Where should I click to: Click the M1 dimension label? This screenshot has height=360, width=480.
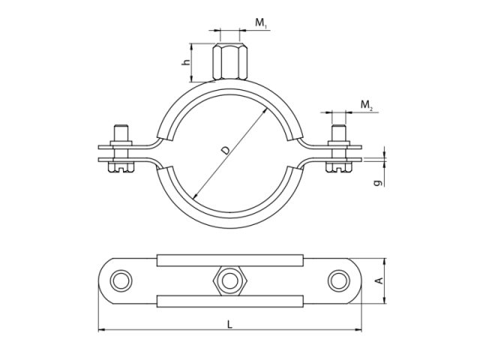coord(261,23)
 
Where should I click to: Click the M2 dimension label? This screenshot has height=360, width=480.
coord(367,105)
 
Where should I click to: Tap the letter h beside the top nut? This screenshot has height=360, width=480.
coord(185,61)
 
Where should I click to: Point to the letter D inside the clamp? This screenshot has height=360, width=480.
coord(226,150)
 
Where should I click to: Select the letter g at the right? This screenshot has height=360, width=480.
coord(378,183)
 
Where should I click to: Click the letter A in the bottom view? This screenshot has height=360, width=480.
coord(379,280)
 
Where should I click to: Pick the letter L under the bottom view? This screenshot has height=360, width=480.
coord(229,324)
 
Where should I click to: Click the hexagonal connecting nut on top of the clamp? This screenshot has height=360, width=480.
coord(229,61)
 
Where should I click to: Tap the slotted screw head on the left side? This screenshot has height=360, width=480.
coord(121,168)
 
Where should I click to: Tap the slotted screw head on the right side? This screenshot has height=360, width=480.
coord(339,168)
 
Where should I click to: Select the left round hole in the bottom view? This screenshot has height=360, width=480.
coord(121,280)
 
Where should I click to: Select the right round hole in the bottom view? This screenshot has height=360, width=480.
coord(338,280)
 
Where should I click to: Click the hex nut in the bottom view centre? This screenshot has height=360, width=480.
coord(229,280)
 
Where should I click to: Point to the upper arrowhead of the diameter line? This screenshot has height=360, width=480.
coord(264,112)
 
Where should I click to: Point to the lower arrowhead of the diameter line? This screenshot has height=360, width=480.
coord(196,195)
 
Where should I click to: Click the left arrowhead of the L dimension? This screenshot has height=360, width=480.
coord(102,330)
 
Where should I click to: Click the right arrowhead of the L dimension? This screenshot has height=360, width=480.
coord(358,330)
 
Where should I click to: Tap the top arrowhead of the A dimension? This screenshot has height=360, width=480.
coord(385,262)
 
